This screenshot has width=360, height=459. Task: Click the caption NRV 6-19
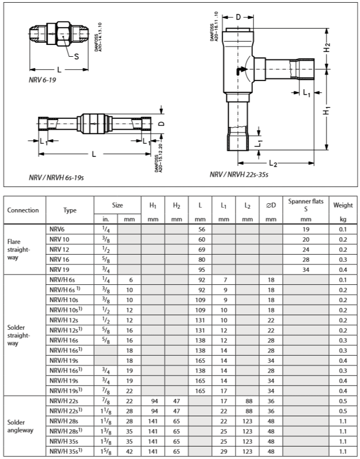tap(43, 79)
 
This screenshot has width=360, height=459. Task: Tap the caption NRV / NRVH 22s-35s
tap(239, 175)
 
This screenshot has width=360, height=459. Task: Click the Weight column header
tap(343, 205)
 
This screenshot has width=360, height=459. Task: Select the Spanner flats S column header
tap(306, 205)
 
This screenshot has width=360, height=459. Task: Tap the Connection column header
tap(23, 210)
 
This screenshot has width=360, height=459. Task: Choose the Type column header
tap(70, 210)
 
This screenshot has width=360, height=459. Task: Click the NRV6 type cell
tap(56, 229)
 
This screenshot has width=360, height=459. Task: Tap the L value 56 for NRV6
tap(200, 229)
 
